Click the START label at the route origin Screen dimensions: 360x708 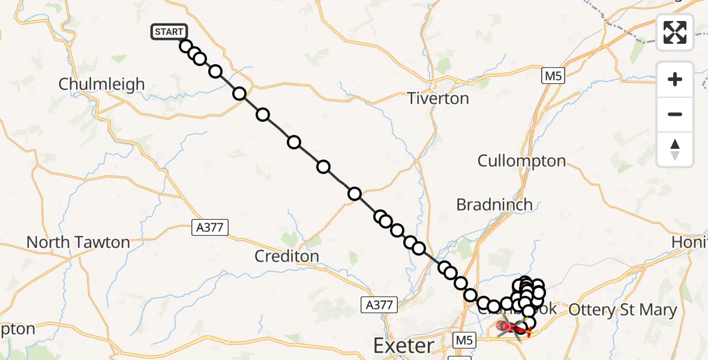[169, 32]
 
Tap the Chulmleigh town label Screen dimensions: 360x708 [102, 84]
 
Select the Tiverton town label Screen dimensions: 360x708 [438, 98]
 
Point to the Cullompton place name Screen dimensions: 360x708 [521, 161]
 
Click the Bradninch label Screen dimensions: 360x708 [494, 205]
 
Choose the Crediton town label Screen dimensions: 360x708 [287, 256]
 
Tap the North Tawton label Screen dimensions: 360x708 [78, 242]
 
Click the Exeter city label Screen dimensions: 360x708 [403, 346]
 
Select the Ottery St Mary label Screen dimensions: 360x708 [622, 310]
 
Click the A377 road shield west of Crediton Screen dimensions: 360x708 [210, 227]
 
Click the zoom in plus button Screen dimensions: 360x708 [675, 79]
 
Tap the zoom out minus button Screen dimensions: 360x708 [675, 114]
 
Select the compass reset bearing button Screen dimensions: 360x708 [675, 149]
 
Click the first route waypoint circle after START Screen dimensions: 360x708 [185, 46]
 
